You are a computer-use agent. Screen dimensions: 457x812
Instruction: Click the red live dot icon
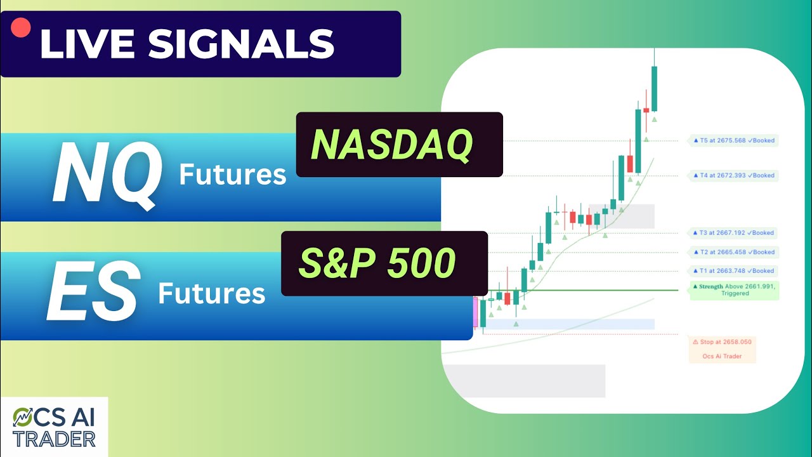[21, 27]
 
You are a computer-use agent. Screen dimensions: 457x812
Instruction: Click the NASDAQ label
[392, 145]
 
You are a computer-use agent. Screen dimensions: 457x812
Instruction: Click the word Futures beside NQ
[232, 174]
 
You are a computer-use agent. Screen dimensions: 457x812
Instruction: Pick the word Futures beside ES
[211, 293]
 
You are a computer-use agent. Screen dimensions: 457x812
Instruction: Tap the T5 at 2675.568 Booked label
[733, 140]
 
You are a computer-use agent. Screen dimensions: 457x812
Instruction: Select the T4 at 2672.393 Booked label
[733, 175]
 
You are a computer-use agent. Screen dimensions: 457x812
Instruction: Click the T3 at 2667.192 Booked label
[733, 233]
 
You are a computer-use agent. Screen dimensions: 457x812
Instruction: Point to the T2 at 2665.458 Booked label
[733, 252]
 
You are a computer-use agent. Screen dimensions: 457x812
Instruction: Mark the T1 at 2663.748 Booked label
[733, 271]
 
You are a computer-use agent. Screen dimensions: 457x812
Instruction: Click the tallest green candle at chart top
[654, 89]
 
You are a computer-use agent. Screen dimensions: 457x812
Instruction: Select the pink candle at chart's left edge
[475, 312]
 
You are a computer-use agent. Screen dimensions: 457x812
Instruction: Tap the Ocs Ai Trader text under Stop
[722, 356]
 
